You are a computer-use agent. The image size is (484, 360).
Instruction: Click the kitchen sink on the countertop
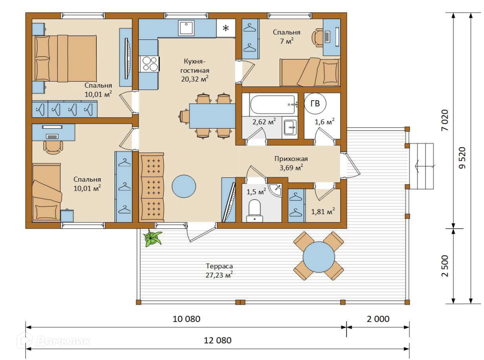pos(186,28)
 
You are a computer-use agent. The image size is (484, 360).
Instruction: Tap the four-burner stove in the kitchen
pos(149,64)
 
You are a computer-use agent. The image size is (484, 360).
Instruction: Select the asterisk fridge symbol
pos(226,28)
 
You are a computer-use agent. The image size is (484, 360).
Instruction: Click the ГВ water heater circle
pos(315,103)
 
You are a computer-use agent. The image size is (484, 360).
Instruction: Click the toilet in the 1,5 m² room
pos(255,210)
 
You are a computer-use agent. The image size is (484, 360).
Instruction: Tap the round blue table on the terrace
pos(319,257)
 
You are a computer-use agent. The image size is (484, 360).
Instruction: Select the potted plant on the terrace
pos(152,238)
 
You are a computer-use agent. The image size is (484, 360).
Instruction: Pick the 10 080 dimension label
pos(186,319)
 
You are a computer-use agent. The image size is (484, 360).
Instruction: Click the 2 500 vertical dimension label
pos(445,266)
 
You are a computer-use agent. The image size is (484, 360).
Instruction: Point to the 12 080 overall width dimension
pos(218,340)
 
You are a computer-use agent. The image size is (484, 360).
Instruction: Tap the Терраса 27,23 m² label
pos(219,270)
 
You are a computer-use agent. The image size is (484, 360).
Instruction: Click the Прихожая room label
pos(291,159)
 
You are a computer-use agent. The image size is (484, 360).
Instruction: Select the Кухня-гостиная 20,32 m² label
pos(195,70)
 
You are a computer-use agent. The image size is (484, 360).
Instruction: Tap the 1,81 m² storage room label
pos(323,211)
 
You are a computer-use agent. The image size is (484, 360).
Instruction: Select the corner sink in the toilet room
pos(275,189)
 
